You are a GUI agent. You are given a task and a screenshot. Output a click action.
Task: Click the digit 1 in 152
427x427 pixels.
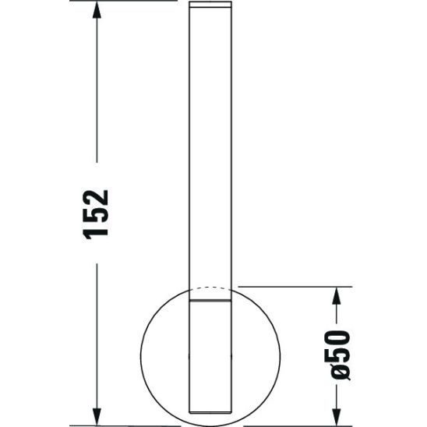95,233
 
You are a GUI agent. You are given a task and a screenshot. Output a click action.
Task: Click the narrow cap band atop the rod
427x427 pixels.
211,6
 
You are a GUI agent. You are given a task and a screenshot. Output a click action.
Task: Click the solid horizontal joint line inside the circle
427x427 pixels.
210,301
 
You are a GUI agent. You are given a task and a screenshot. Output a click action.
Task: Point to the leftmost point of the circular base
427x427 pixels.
143,354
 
